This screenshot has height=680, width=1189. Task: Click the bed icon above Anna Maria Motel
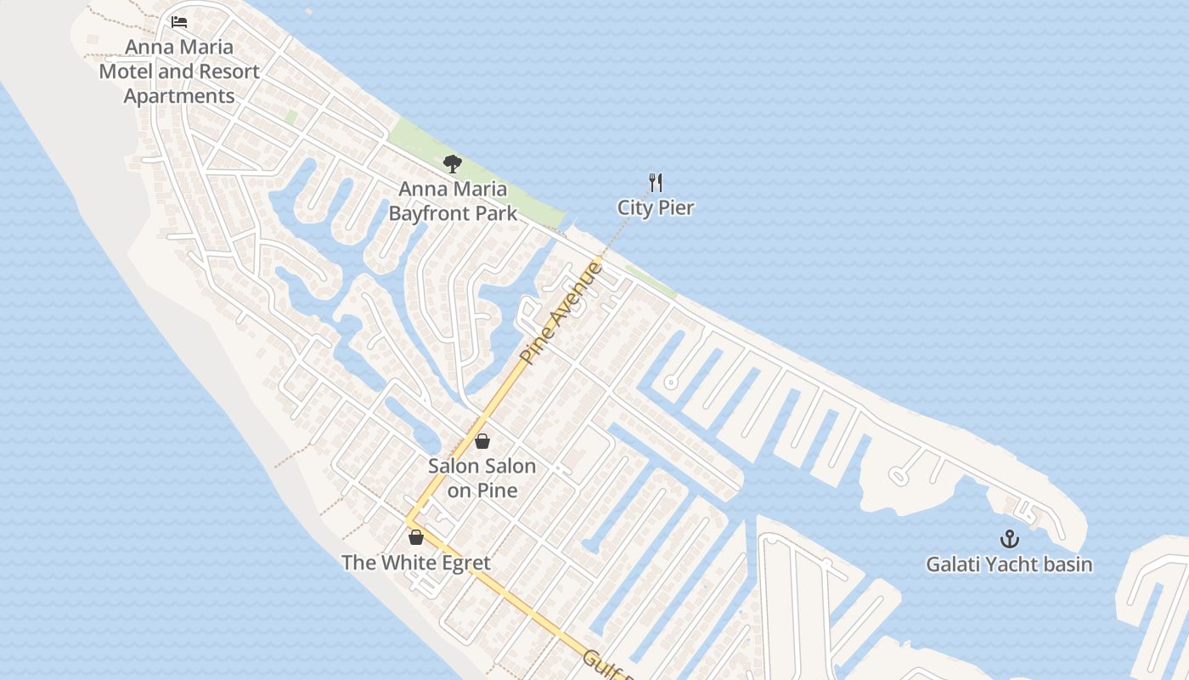179,22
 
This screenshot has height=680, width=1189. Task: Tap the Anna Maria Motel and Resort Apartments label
179,71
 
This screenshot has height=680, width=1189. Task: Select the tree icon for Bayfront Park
453,164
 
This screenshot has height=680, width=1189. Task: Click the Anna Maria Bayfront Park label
453,201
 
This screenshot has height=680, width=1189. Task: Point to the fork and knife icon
656,183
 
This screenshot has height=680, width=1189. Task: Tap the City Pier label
656,207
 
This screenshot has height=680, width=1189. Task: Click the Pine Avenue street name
561,314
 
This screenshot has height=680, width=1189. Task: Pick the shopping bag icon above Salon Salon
482,441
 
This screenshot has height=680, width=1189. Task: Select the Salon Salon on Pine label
482,478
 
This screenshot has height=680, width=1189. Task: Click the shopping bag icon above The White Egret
416,537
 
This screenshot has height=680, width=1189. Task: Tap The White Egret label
416,563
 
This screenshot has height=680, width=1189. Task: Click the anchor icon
1009,539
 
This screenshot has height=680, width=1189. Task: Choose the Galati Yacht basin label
1009,564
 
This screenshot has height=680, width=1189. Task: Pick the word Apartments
179,96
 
